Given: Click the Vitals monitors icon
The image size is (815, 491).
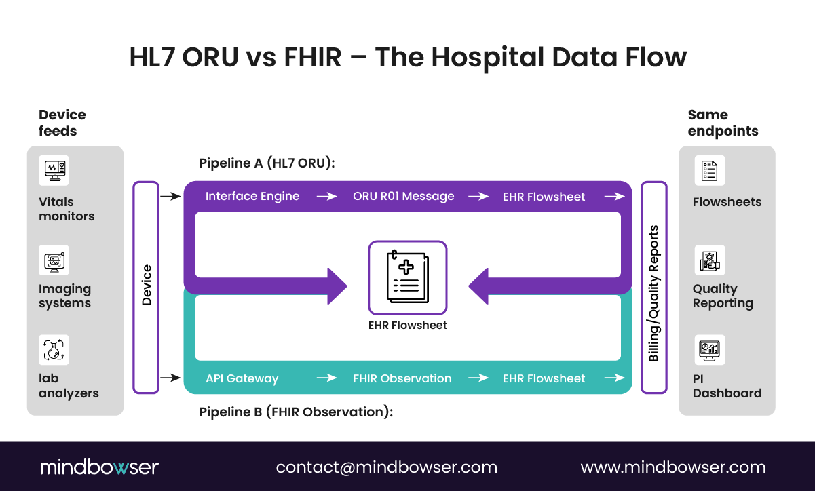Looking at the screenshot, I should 54,170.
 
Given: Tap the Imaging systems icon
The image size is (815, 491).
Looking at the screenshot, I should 54,260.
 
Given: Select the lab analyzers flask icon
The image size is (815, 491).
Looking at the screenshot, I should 54,349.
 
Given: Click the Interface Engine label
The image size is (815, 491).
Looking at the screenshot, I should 252,196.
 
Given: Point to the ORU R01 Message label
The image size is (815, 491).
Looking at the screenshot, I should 403,196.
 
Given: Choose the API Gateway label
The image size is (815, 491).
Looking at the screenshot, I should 242,378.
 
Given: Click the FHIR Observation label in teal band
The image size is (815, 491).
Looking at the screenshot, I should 402,378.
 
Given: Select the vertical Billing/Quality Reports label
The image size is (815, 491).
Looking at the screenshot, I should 654,288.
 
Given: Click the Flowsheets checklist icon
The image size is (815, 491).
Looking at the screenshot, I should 710,170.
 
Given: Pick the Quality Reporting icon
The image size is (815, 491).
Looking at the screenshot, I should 710,260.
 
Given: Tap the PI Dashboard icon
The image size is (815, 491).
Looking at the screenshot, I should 710,349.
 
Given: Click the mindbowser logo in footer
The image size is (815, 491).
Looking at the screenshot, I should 100,467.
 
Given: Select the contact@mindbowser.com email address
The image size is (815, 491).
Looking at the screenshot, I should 386,467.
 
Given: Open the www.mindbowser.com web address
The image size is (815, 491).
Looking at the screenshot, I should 672,467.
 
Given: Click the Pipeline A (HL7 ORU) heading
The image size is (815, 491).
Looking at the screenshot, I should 267,163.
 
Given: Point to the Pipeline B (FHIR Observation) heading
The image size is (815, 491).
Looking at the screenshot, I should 296,411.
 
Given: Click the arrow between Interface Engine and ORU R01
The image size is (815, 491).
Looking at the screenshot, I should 326,196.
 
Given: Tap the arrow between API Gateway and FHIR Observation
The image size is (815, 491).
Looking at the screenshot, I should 326,378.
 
